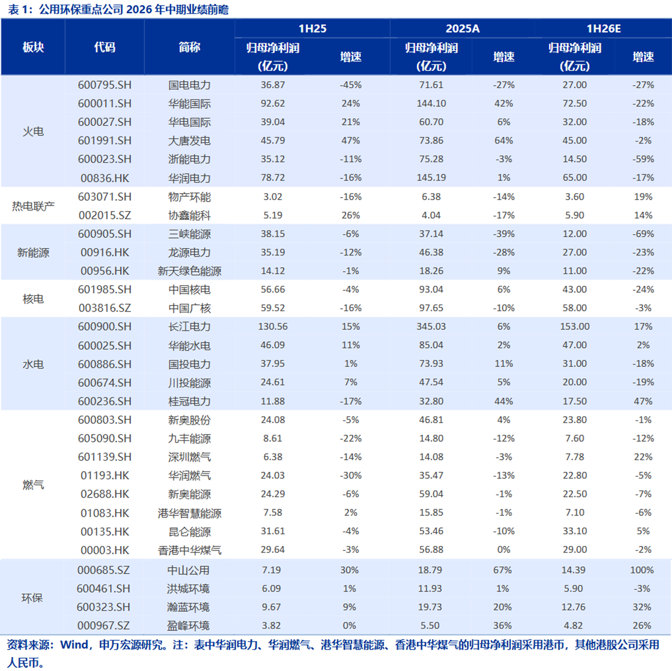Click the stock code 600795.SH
coord(105,85)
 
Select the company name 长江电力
coord(189,327)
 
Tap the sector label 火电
coord(33,131)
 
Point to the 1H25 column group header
coord(312,28)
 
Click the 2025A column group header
coord(463,28)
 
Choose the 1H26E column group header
coord(603,28)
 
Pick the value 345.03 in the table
coord(431,327)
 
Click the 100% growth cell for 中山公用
coord(642,570)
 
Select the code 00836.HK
coord(105,178)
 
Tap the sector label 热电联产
coord(33,206)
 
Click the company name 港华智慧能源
coord(189,513)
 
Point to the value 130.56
coord(273,327)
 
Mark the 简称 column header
coord(189,47)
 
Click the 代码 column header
coord(105,47)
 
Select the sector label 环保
coord(32,598)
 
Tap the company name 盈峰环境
coord(188,626)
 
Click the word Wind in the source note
coord(74,645)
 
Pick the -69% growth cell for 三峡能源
coord(643,234)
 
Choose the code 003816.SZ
coord(105,308)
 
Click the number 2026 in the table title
coord(139,9)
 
